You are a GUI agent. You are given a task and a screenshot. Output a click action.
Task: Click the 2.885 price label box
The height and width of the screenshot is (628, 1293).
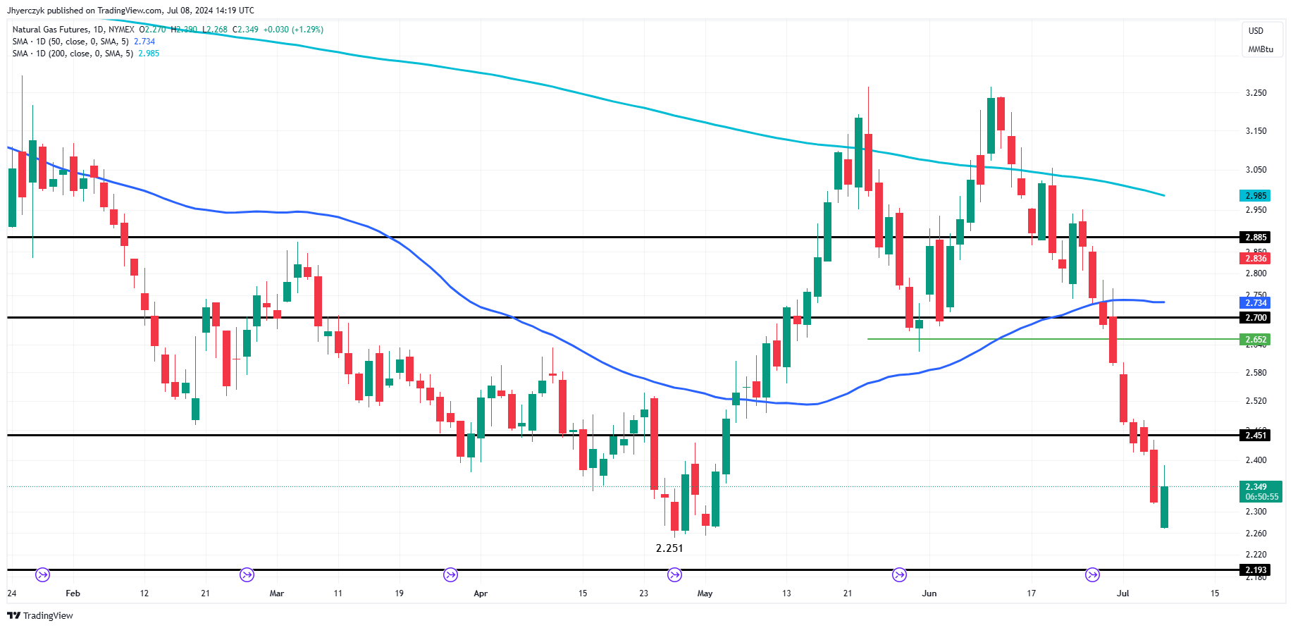click(x=1255, y=238)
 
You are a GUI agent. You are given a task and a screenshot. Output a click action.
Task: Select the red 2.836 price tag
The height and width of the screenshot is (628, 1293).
click(x=1255, y=259)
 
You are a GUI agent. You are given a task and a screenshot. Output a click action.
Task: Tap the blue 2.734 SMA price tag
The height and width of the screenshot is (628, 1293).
click(x=1255, y=303)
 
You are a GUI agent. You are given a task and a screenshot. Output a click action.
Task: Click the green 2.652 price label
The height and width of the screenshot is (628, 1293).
click(x=1255, y=340)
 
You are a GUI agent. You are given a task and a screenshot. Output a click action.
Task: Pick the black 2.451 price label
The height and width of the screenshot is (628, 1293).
click(x=1255, y=436)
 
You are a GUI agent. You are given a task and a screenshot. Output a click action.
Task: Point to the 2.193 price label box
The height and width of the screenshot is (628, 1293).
click(x=1255, y=570)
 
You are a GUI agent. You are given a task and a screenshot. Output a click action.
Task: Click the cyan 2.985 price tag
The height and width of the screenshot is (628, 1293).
click(x=1255, y=196)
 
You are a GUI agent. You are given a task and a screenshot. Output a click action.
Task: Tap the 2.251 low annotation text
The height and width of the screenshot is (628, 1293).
click(x=669, y=548)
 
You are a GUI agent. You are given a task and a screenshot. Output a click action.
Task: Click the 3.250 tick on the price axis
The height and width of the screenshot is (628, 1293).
click(x=1256, y=93)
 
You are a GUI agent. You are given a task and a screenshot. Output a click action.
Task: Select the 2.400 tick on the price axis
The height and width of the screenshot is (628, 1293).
click(x=1256, y=460)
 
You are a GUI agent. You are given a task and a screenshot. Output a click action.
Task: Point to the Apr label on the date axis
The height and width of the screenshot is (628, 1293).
click(x=481, y=593)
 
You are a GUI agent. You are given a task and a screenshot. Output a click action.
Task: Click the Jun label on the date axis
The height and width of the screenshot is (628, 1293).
click(x=929, y=593)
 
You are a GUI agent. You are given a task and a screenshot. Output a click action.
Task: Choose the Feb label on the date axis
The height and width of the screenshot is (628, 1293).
click(x=73, y=593)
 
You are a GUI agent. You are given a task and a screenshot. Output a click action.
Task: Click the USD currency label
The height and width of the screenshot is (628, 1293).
click(x=1256, y=31)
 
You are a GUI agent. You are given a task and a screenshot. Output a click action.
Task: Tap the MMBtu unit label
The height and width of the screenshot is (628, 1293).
click(x=1261, y=49)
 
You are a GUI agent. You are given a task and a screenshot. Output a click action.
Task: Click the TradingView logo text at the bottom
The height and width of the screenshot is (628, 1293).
click(x=41, y=616)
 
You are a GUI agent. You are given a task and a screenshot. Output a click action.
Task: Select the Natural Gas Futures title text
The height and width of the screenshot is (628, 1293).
click(x=51, y=30)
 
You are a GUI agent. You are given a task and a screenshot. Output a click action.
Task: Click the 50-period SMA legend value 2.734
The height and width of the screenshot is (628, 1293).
click(x=144, y=42)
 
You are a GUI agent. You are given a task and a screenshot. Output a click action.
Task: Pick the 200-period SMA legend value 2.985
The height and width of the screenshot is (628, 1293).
click(x=149, y=54)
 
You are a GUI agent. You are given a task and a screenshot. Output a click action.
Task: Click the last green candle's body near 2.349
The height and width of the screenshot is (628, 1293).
click(x=1164, y=507)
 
